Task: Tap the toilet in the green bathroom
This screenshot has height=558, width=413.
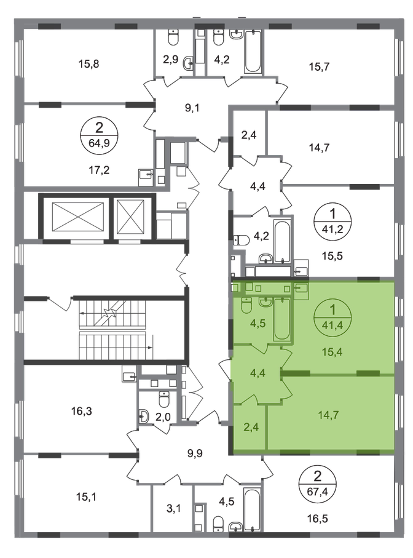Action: (246, 306)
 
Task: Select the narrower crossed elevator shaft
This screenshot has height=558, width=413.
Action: (130, 215)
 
